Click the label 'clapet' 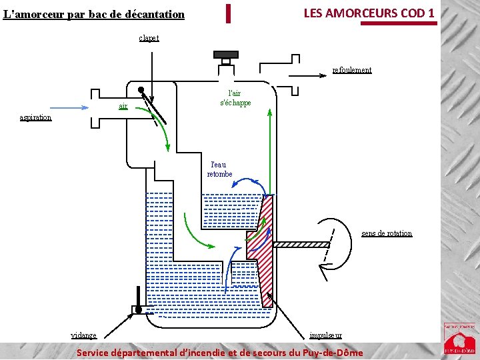(x=149, y=38)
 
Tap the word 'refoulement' (x=352, y=70)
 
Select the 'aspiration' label (x=35, y=117)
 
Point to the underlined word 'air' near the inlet (x=123, y=106)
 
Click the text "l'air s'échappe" (x=235, y=99)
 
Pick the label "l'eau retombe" (x=219, y=169)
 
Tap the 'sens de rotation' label (x=387, y=233)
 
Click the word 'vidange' (x=83, y=335)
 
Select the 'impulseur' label (x=326, y=335)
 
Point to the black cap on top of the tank (x=225, y=54)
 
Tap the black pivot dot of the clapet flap (x=141, y=90)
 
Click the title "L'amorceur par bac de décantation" (x=93, y=13)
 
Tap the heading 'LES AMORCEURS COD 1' (x=369, y=13)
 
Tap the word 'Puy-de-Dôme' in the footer (x=331, y=353)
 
